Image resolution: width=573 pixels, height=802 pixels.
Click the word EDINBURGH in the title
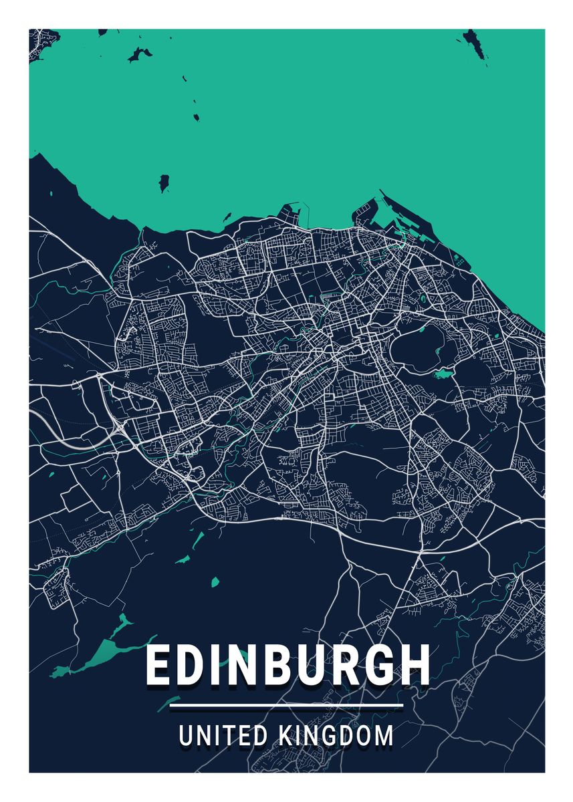(x=287, y=665)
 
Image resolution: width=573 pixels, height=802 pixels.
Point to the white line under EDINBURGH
(x=287, y=705)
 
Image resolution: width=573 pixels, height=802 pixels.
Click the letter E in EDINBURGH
(x=158, y=665)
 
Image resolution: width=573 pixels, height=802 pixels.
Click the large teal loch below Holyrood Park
(x=442, y=374)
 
